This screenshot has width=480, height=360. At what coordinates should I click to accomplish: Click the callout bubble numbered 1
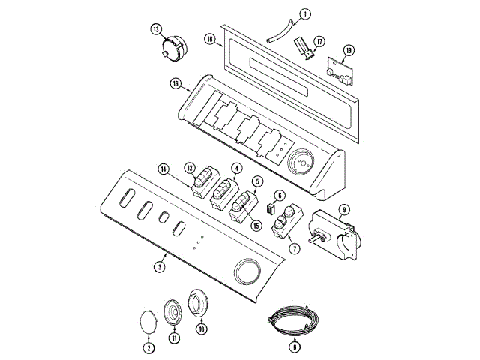point(305,13)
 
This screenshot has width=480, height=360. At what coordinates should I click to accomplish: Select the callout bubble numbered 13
point(156,29)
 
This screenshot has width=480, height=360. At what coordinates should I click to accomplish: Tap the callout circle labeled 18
point(210,40)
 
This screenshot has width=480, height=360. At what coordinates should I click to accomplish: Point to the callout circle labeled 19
point(349,50)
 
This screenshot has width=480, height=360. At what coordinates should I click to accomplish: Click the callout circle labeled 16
point(175,84)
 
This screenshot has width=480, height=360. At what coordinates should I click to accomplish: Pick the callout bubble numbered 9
point(344,210)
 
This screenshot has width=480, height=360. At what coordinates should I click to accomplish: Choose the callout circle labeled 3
point(160,267)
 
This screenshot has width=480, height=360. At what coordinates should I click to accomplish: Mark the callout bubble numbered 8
point(295,346)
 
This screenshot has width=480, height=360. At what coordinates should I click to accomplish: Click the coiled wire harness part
point(293,320)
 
